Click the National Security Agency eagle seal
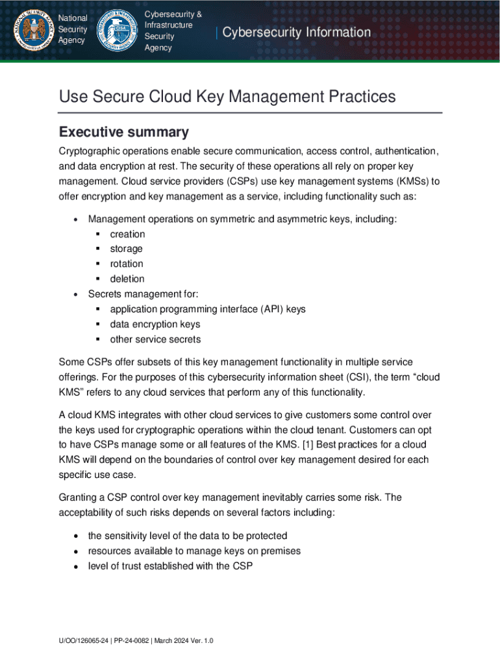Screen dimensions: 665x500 click(29, 30)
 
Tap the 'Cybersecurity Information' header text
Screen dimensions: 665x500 click(297, 32)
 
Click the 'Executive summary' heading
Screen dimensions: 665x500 click(123, 132)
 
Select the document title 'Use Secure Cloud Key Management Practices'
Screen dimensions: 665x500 click(227, 97)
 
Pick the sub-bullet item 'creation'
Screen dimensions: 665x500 click(127, 234)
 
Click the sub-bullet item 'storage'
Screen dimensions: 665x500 click(126, 249)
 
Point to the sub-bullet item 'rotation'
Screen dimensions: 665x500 click(127, 264)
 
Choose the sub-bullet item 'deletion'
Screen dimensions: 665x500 click(127, 279)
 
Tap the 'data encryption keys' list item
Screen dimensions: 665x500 click(155, 324)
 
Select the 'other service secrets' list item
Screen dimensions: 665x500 click(155, 339)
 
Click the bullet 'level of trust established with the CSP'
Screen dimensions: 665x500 click(170, 566)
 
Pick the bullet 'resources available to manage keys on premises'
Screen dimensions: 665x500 click(185, 551)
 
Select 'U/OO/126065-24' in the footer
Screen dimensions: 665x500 click(82, 641)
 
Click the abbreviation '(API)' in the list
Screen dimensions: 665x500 click(272, 309)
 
